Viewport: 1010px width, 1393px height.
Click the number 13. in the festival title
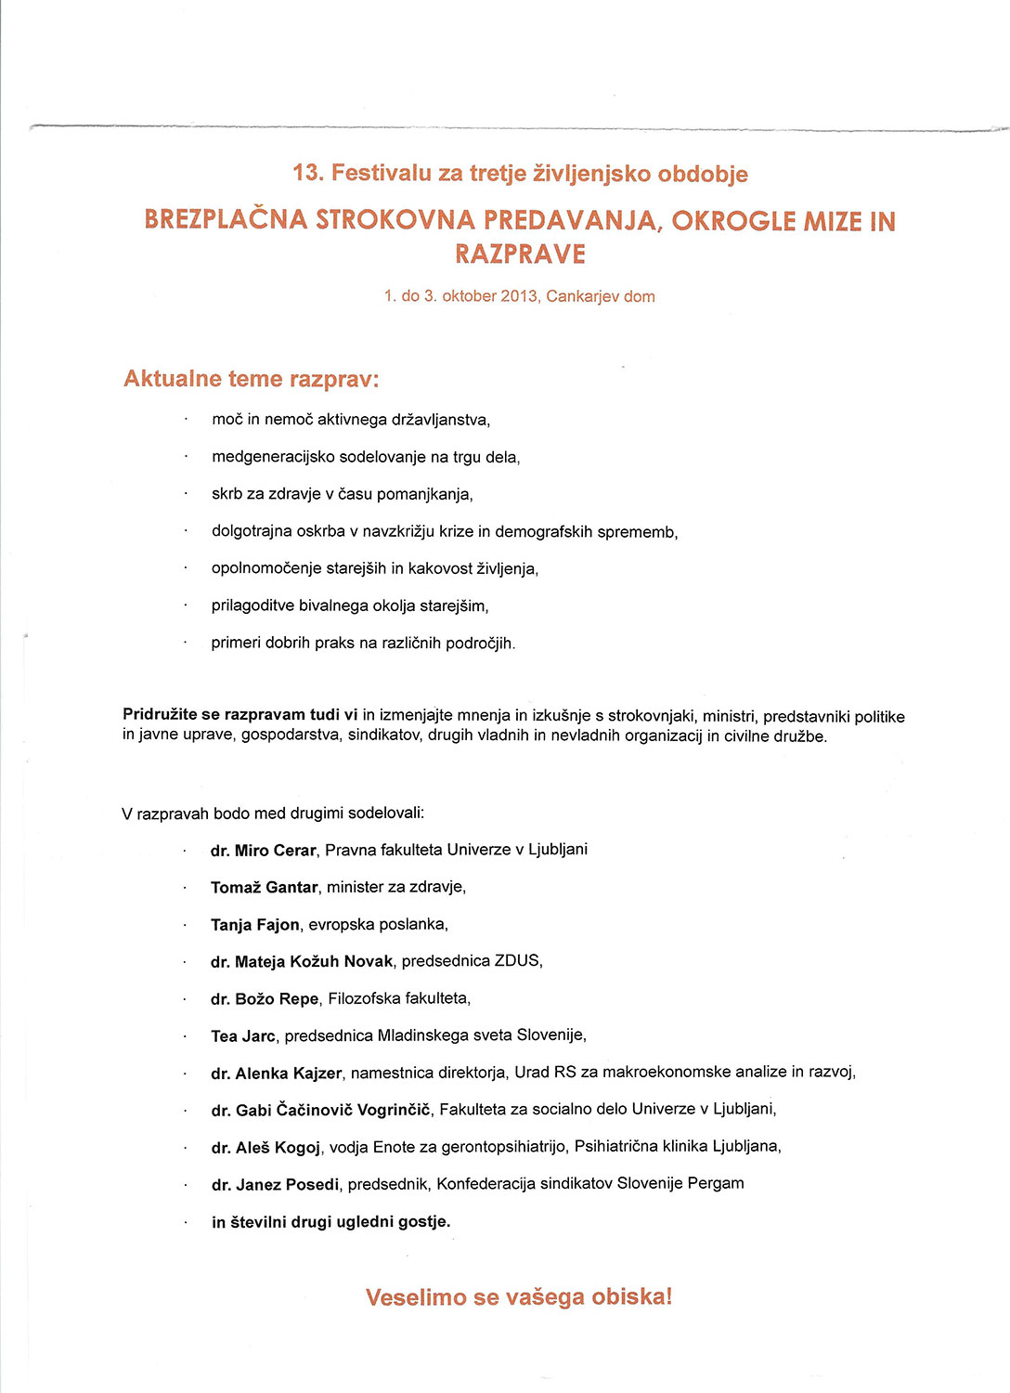[307, 174]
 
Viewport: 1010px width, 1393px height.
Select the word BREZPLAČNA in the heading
[226, 220]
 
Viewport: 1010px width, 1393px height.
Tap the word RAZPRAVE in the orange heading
[520, 254]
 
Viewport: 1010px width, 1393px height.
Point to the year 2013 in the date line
[519, 297]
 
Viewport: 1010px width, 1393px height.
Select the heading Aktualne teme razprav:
[252, 379]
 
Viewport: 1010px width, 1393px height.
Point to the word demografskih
[540, 532]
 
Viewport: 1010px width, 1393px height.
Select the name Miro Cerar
[275, 851]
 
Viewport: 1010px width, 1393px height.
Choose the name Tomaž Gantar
[265, 888]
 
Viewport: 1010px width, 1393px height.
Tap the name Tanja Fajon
[255, 925]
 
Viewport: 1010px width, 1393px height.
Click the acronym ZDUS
[517, 961]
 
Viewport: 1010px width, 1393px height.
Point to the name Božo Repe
[277, 999]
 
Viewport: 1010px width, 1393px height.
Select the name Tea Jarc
[243, 1036]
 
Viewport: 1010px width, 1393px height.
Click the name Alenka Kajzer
[289, 1074]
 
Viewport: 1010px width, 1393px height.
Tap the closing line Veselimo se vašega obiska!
[519, 1297]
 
